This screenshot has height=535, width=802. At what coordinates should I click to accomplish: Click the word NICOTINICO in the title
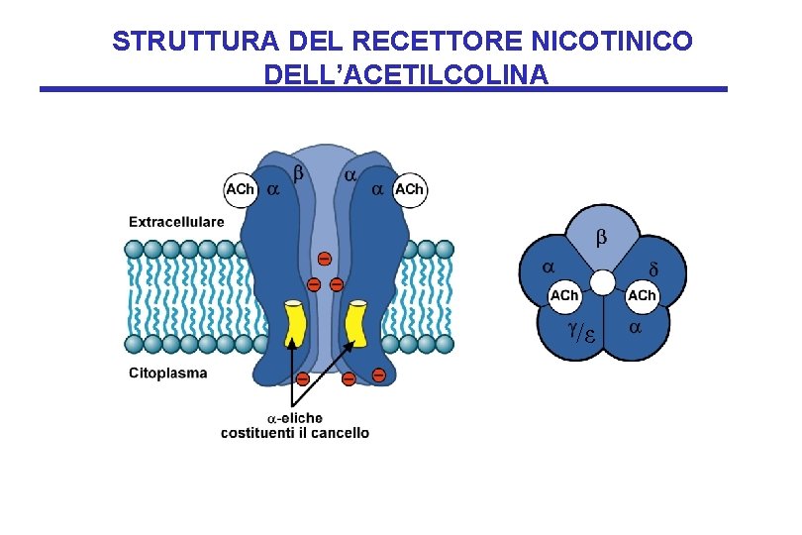click(612, 42)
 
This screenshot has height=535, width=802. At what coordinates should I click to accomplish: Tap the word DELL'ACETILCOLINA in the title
click(406, 74)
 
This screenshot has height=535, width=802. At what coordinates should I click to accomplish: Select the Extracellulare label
click(176, 222)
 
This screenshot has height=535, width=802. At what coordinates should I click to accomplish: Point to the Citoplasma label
click(168, 374)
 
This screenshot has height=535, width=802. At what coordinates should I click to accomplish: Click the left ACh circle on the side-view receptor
click(241, 189)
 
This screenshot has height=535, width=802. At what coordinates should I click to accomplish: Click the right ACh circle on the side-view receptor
click(409, 189)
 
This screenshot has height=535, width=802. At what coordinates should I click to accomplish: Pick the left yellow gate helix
click(294, 325)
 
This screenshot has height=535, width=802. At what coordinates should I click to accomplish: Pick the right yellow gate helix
click(355, 325)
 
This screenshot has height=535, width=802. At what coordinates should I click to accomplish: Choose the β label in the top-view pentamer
click(599, 239)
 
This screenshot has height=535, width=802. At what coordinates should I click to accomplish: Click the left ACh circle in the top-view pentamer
click(564, 296)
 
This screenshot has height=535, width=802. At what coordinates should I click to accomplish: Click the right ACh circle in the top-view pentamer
click(641, 296)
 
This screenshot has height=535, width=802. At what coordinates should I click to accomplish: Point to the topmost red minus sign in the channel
click(324, 260)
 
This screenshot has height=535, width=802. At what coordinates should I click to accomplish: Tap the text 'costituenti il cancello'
click(295, 433)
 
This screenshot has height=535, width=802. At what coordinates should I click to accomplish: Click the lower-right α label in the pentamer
click(636, 326)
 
